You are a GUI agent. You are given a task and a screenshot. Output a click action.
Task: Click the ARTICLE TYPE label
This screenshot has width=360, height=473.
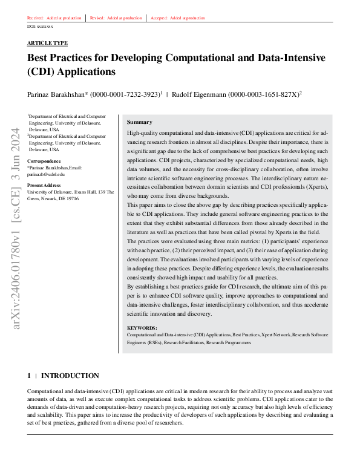point(47,43)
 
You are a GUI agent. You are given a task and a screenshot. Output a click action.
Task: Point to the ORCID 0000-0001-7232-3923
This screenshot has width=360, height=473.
point(124,94)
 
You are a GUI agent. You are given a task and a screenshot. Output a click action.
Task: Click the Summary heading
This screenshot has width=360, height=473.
point(139,122)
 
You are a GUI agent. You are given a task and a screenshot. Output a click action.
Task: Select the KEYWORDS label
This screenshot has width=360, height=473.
point(142,327)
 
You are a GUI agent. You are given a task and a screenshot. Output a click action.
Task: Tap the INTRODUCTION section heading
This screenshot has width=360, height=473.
point(70,376)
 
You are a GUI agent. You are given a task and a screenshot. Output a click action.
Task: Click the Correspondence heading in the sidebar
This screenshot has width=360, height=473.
point(44,161)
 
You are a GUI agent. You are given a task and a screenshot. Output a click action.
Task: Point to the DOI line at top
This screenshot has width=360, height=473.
point(41,27)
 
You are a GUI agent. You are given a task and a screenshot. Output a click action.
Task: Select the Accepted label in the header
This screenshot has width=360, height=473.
point(157,18)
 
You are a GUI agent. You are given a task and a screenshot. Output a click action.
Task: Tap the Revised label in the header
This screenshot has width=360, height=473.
point(96,18)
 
